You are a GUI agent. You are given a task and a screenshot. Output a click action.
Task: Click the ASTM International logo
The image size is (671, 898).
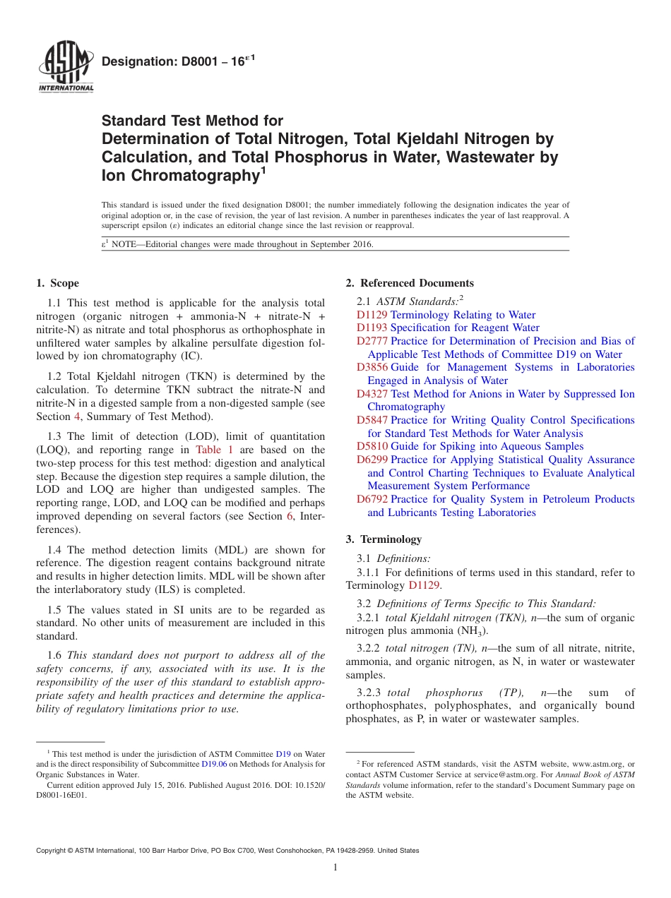pyautogui.click(x=65, y=68)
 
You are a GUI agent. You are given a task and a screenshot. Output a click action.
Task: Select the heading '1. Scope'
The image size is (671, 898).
pyautogui.click(x=57, y=283)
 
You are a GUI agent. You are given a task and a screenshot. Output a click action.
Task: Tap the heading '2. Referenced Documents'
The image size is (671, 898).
pyautogui.click(x=409, y=283)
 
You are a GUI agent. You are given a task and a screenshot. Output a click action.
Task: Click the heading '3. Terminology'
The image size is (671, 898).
pyautogui.click(x=384, y=539)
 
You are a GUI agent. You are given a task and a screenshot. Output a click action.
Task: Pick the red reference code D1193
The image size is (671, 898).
pyautogui.click(x=372, y=328)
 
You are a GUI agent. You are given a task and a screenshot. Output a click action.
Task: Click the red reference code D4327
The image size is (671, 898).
pyautogui.click(x=372, y=394)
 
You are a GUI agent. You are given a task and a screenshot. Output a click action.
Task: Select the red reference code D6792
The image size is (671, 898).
pyautogui.click(x=372, y=499)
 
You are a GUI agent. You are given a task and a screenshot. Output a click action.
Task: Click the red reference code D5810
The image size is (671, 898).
pyautogui.click(x=372, y=446)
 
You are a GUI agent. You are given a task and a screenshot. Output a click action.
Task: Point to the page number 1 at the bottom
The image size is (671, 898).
pyautogui.click(x=335, y=868)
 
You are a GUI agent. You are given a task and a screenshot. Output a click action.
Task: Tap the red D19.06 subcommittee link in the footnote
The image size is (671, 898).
pyautogui.click(x=214, y=764)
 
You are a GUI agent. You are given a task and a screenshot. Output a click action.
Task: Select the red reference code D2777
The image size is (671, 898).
pyautogui.click(x=372, y=341)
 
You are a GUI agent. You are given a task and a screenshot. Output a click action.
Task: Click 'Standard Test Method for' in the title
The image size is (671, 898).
pyautogui.click(x=192, y=121)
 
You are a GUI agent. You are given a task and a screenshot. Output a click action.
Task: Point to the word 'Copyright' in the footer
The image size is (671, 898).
pyautogui.click(x=53, y=851)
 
